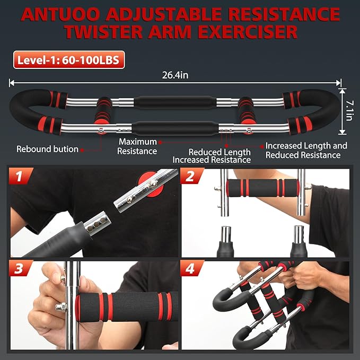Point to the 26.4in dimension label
coord(175,75)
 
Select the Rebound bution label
coord(47,149)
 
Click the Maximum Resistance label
coord(138,146)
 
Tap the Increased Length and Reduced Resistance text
coord(306,150)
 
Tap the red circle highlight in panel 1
coord(149,185)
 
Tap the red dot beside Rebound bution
coord(84,149)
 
